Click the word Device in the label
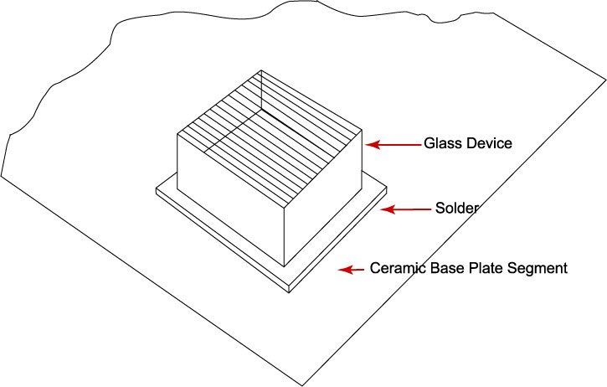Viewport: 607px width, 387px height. coord(489,143)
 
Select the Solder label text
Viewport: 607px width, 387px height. coord(457,209)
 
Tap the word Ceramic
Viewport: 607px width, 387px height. coord(396,268)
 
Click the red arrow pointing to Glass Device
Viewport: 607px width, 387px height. coord(393,145)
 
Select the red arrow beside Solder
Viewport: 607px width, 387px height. coord(406,209)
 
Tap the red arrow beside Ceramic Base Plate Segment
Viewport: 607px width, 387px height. coord(351,270)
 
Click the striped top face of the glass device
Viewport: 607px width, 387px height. coord(270,137)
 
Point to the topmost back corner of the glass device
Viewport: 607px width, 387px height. coord(261,70)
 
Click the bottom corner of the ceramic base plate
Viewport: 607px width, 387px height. coord(303,386)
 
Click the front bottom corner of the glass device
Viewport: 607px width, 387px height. coord(285,267)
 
